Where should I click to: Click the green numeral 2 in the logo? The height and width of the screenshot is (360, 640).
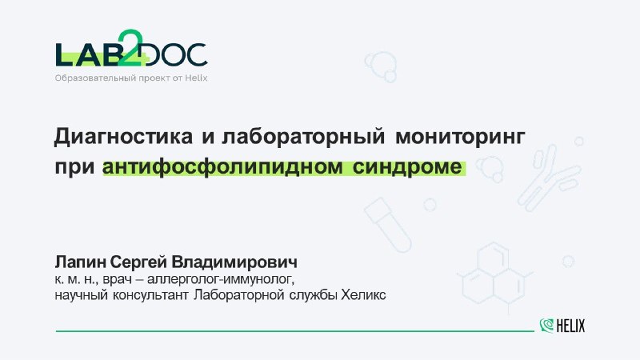(x=130, y=47)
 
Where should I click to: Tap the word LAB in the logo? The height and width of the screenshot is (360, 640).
(x=85, y=54)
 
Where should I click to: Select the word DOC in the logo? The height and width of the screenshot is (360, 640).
(x=176, y=54)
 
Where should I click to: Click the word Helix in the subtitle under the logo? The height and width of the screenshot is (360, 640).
(x=196, y=78)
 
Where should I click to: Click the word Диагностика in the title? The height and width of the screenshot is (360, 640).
(x=123, y=137)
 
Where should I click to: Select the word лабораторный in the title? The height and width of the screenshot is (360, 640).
(x=303, y=137)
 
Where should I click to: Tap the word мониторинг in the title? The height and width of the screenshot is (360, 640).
(x=460, y=137)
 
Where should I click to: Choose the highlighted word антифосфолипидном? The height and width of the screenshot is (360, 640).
(x=222, y=167)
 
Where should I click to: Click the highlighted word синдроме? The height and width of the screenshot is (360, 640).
(x=407, y=167)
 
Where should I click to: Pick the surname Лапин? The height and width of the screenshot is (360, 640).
(x=81, y=262)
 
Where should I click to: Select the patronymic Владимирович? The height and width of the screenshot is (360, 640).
(x=234, y=262)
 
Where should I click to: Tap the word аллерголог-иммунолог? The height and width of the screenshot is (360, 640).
(x=220, y=280)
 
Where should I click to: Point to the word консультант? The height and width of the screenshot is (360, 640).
(x=150, y=295)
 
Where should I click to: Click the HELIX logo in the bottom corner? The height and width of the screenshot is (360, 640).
(x=562, y=326)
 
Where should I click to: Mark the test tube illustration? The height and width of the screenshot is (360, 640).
(x=388, y=224)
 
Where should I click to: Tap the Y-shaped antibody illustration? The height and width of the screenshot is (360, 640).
(x=548, y=178)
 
